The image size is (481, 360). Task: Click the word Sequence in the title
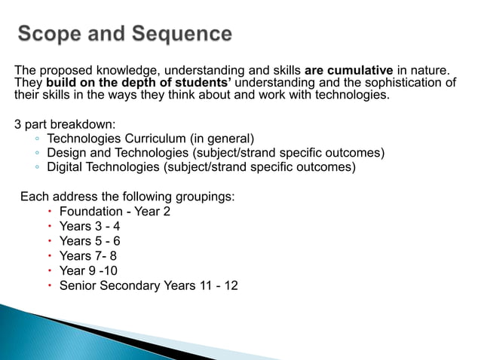click(180, 34)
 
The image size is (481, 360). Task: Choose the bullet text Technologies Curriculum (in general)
click(151, 139)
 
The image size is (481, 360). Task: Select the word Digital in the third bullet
click(66, 167)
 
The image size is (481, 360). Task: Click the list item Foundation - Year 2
click(115, 212)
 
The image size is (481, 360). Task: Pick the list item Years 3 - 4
click(90, 226)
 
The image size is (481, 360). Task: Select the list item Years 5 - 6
click(90, 241)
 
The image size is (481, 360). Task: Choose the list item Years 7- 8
click(88, 256)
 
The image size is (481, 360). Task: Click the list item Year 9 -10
click(88, 270)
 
